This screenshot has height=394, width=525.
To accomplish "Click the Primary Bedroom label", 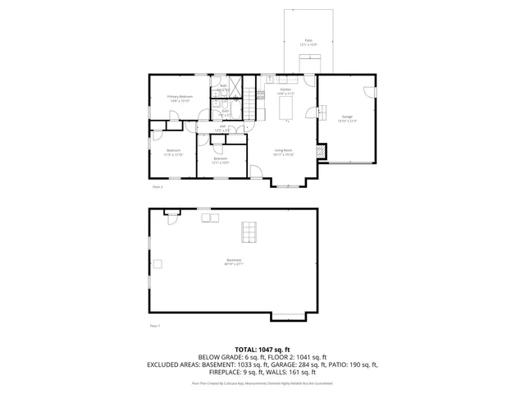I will [x=180, y=99].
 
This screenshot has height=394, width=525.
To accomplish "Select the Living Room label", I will [x=283, y=152].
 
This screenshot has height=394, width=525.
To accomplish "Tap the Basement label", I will [x=234, y=263].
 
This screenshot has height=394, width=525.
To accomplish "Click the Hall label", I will [x=220, y=128].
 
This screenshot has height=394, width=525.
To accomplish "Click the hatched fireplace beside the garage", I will [x=322, y=152].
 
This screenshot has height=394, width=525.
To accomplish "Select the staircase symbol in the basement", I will [x=247, y=232].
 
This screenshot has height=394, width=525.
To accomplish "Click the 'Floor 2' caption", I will [x=157, y=186].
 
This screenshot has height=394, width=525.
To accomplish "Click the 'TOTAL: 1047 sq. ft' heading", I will [x=262, y=349].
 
